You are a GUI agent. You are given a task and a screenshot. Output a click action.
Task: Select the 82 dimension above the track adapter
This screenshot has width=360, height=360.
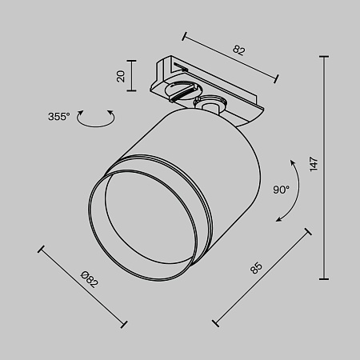[238, 50]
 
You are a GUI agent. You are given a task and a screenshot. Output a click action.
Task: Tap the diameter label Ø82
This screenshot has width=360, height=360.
[89, 280]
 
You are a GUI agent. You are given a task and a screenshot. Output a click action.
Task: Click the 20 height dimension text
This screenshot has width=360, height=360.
[121, 77]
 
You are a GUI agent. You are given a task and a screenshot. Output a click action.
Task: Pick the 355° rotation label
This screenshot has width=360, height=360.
[58, 117]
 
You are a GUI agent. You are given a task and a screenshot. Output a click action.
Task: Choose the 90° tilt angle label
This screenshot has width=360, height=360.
[280, 190]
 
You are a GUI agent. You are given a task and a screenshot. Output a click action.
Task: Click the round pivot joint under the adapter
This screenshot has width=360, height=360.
[212, 104]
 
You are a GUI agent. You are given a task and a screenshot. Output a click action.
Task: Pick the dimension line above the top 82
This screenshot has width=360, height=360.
[230, 55]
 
